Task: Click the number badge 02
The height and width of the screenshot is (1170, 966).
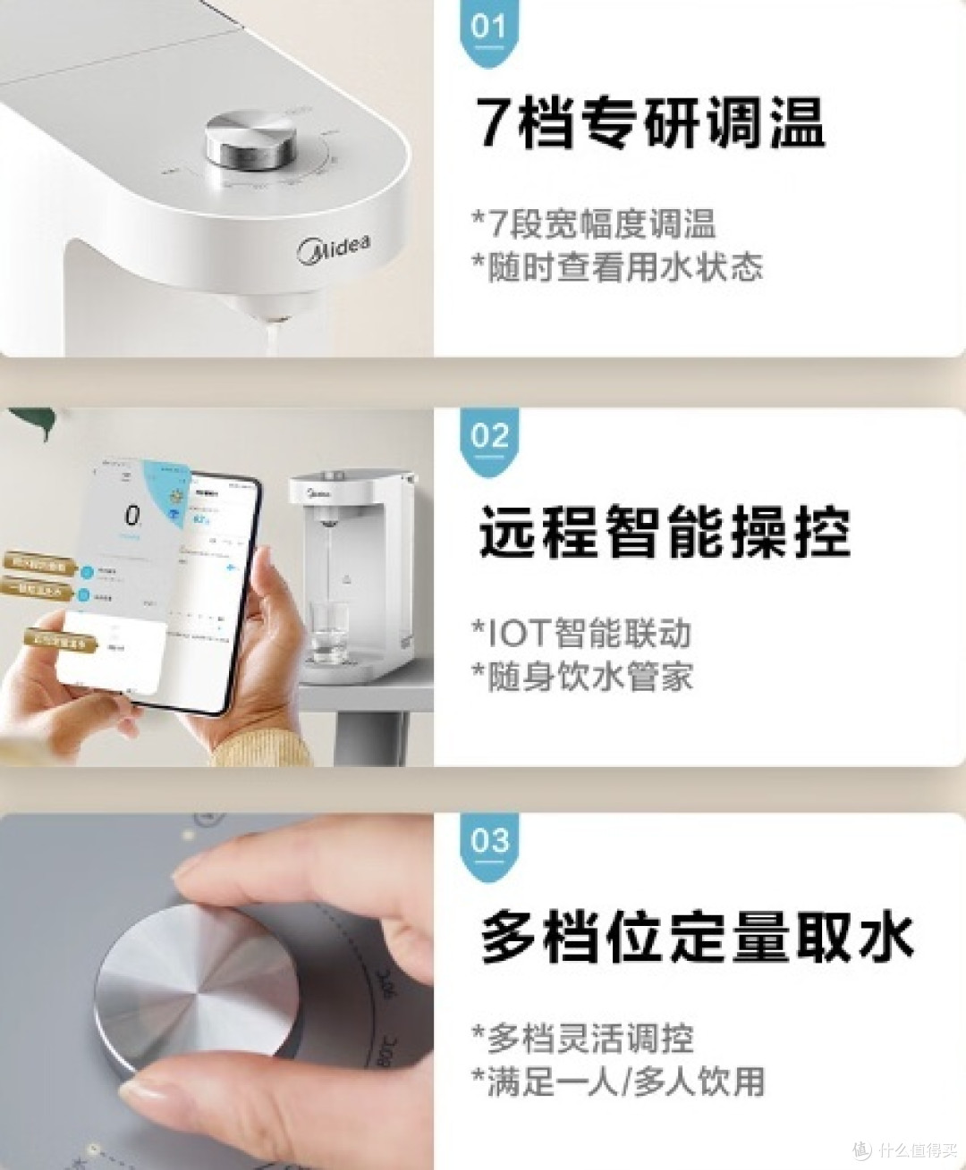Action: point(489,438)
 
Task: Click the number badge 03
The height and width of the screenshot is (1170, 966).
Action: point(489,842)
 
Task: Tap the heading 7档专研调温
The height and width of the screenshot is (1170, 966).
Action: point(649,122)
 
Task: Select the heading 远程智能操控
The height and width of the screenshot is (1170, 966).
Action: point(664,532)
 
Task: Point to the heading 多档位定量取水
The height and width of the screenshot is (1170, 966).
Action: point(697,936)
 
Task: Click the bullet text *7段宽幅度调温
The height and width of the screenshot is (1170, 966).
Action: point(594,223)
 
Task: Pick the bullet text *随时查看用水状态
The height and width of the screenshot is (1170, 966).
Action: point(617,266)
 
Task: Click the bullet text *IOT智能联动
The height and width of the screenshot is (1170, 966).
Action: point(581,633)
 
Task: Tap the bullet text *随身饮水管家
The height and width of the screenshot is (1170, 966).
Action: point(582,676)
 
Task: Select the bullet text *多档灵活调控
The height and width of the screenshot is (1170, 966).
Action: point(582,1039)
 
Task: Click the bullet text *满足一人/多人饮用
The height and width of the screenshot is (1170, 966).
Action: point(618,1082)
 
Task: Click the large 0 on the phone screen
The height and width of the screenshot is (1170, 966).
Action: point(132,516)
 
